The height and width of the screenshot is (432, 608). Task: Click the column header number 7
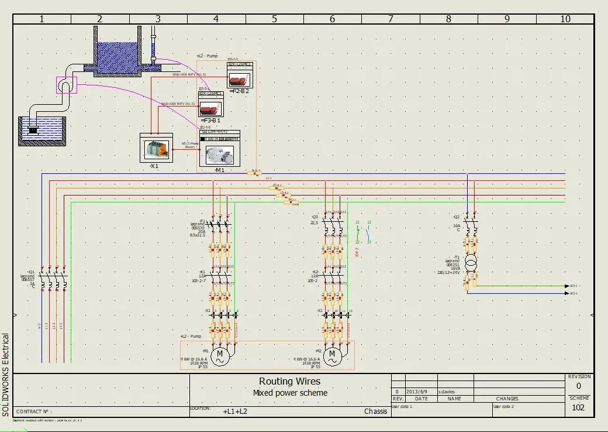pyautogui.click(x=390, y=19)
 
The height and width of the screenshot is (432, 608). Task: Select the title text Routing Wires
pyautogui.click(x=290, y=382)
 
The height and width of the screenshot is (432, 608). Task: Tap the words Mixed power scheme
pyautogui.click(x=290, y=393)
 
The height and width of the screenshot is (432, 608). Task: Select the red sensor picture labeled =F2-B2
pyautogui.click(x=239, y=79)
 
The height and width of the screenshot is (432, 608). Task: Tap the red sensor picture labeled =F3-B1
pyautogui.click(x=210, y=108)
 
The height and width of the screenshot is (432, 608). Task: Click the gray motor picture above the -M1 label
pyautogui.click(x=219, y=155)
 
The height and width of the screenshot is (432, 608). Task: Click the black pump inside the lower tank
pyautogui.click(x=32, y=130)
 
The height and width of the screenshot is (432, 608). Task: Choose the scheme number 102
pyautogui.click(x=578, y=407)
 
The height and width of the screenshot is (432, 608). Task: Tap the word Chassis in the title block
pyautogui.click(x=375, y=411)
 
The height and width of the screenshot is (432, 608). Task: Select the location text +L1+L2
pyautogui.click(x=235, y=411)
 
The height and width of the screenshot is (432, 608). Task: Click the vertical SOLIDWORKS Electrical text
pyautogui.click(x=6, y=375)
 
